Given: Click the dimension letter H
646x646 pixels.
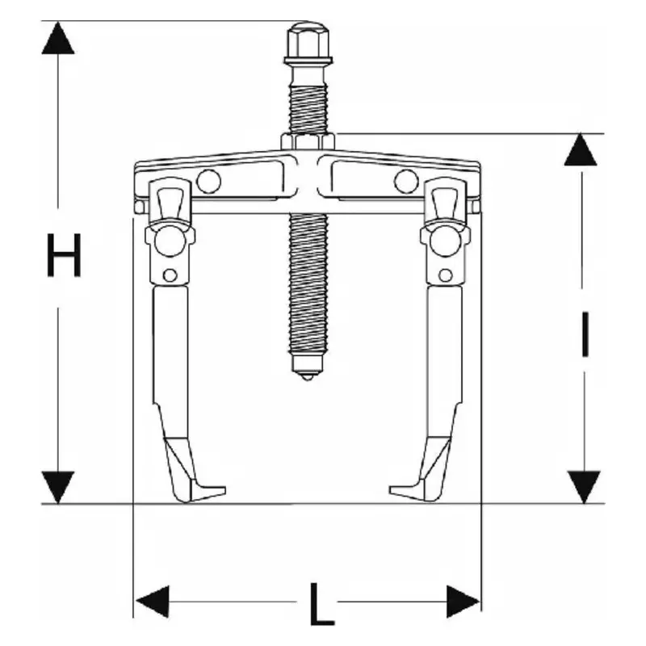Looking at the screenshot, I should pos(64,255).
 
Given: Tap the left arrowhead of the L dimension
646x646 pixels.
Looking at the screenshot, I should pos(152,602).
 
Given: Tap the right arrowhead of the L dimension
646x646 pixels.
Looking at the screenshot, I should pos(464,602).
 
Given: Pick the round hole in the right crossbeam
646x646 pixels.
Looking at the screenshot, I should pos(405,182).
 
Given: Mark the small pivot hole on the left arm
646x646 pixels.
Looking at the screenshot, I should pos(169,275).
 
